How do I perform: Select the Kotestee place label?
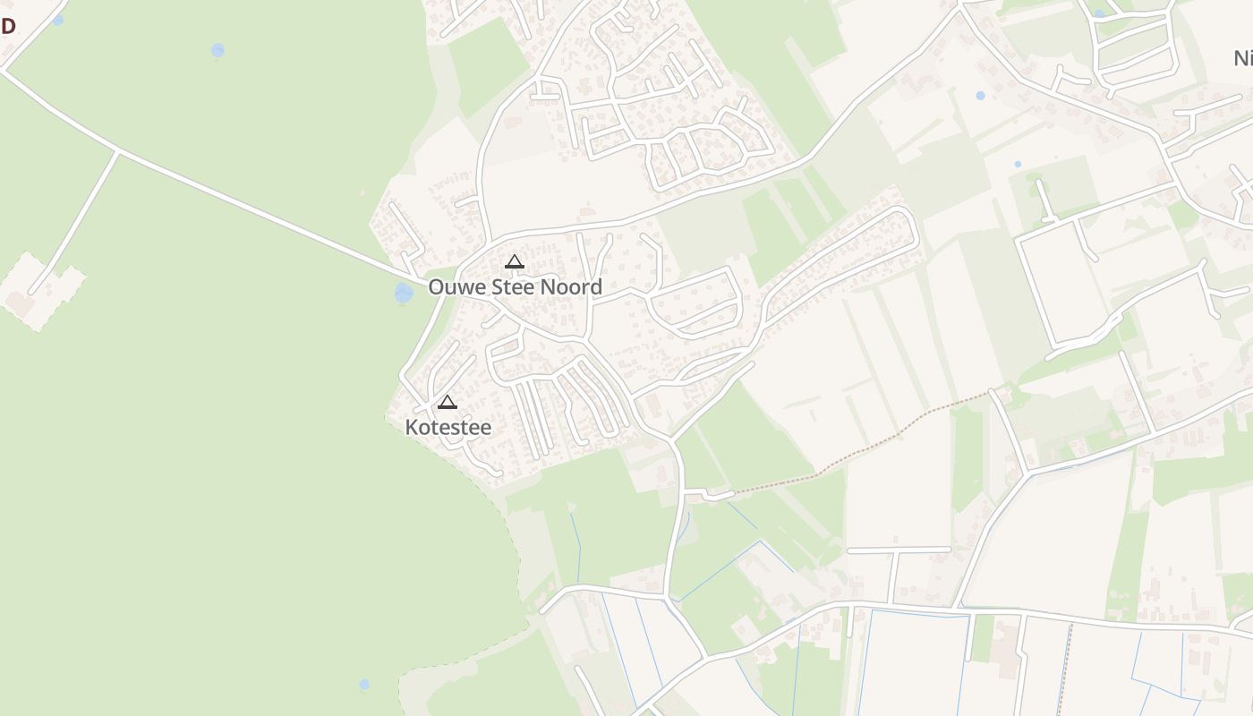pos(448,428)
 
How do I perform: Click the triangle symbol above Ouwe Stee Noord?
pos(514,261)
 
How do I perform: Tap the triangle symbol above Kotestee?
pos(447,402)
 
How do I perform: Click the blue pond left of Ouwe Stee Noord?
pos(404,293)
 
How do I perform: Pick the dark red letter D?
pos(8,25)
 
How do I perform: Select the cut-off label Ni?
pos(1242,59)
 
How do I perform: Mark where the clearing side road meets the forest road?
pos(117,151)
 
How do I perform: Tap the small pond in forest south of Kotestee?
pos(364,685)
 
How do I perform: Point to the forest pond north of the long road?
pos(217,50)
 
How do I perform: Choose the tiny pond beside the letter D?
pos(58,20)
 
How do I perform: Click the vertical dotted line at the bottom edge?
pos(1064,671)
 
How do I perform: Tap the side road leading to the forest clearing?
pos(76,219)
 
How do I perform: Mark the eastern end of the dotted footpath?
pos(988,392)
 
